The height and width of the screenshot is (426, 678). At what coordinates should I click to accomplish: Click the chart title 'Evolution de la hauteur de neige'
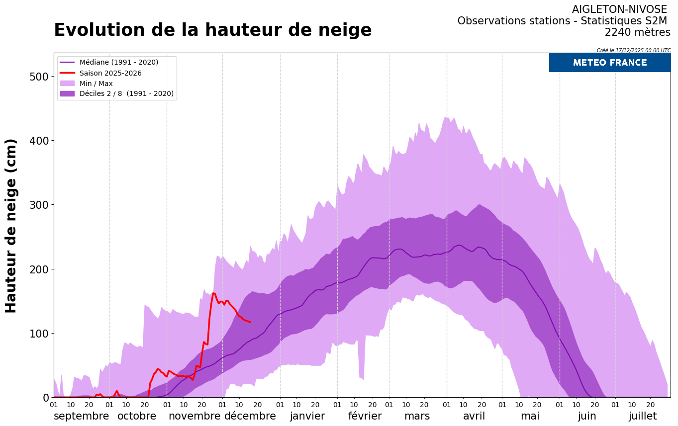pos(212,30)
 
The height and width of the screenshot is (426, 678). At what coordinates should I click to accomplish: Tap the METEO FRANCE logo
pos(609,63)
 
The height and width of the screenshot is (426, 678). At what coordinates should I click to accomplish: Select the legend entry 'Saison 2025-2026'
pos(110,73)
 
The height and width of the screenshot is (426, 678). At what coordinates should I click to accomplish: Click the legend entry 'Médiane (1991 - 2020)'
pos(118,62)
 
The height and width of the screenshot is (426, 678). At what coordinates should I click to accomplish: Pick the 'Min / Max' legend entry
pos(96,84)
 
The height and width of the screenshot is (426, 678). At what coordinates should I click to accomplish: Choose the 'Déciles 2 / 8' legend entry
pos(126,93)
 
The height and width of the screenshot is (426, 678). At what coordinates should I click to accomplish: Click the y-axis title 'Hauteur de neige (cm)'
pos(11,226)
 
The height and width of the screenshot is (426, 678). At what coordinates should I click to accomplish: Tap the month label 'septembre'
pos(81,416)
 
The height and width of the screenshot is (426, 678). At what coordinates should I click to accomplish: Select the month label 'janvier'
pos(307,416)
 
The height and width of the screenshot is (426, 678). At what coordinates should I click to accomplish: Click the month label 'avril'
pos(474,416)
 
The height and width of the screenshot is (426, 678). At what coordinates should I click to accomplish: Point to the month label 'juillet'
pos(642,416)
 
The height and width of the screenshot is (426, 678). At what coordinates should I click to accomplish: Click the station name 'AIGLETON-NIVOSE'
pos(619,9)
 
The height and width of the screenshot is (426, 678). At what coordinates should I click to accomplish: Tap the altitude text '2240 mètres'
pos(637,32)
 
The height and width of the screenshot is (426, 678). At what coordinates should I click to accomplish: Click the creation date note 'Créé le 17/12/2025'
pos(633,50)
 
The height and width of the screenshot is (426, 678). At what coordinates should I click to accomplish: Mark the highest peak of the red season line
pos(214,293)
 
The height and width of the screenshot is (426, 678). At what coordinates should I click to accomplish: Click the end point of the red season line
pos(250,322)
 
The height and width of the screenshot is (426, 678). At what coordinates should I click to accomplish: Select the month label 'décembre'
pos(250,416)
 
